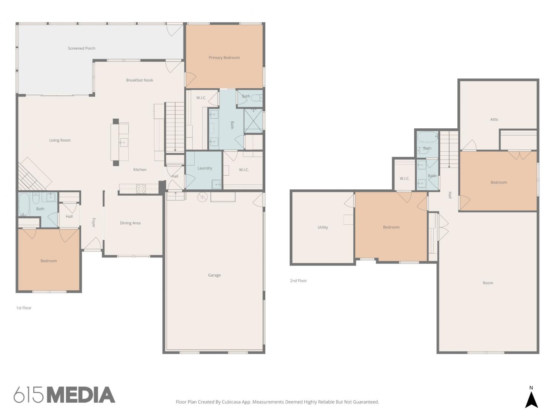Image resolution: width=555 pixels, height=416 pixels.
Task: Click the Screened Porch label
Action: pyautogui.click(x=81, y=48)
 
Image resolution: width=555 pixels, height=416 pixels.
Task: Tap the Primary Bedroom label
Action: pyautogui.click(x=224, y=58)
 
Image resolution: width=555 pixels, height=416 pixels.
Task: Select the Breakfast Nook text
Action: pyautogui.click(x=139, y=80)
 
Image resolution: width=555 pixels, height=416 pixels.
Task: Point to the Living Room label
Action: pyautogui.click(x=60, y=140)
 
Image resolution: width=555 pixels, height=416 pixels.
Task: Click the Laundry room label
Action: pyautogui.click(x=205, y=168)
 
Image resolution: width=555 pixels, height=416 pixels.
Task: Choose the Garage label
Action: pyautogui.click(x=214, y=275)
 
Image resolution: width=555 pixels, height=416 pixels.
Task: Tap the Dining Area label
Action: pyautogui.click(x=130, y=223)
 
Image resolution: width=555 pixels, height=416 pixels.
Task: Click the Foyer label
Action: pyautogui.click(x=94, y=223)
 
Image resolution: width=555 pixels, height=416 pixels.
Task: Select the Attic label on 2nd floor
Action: pyautogui.click(x=494, y=119)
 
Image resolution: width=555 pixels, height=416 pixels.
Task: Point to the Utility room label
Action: pyautogui.click(x=323, y=227)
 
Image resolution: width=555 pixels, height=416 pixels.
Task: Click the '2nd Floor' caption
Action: pyautogui.click(x=298, y=281)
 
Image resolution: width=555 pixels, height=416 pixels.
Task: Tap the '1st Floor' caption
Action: pyautogui.click(x=24, y=308)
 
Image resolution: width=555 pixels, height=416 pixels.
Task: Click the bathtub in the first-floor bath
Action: pyautogui.click(x=24, y=204)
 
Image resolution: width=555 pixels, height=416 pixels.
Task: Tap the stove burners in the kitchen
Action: pyautogui.click(x=141, y=189)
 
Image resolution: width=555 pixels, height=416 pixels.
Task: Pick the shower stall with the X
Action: pyautogui.click(x=253, y=121)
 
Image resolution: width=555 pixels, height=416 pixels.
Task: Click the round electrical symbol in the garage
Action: pyautogui.click(x=202, y=197)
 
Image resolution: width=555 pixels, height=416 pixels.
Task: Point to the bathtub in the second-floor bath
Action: pyautogui.click(x=428, y=137)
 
